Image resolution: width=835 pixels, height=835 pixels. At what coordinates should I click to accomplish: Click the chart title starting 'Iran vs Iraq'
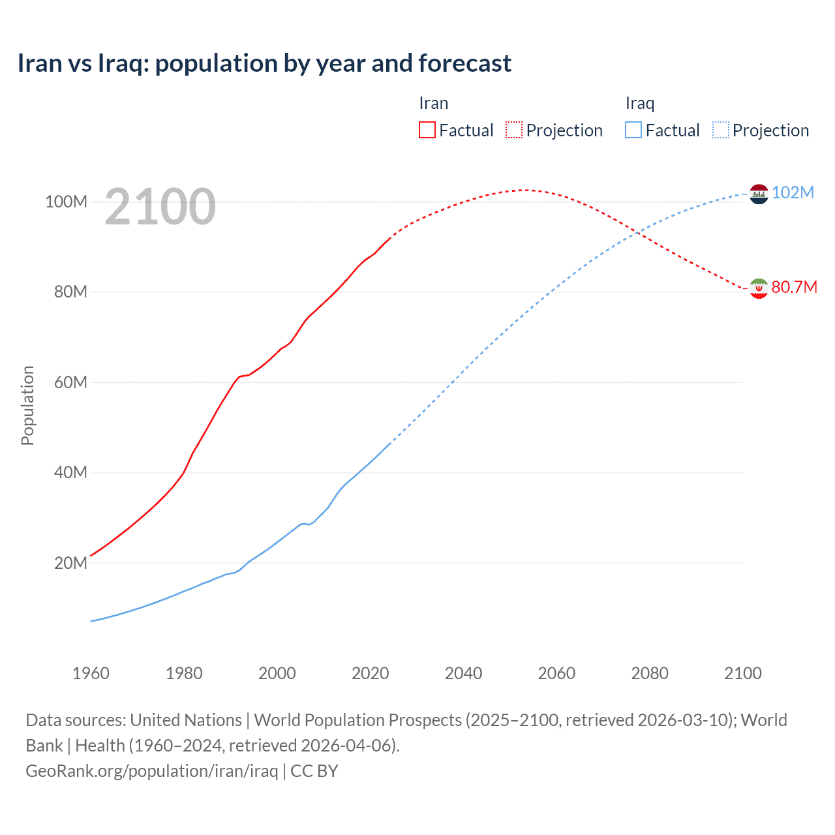264,63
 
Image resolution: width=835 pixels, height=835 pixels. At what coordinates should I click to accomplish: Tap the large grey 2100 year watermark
160,207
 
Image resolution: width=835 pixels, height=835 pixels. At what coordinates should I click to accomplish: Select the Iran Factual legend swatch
427,130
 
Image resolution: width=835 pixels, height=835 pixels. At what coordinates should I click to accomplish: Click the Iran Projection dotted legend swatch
514,130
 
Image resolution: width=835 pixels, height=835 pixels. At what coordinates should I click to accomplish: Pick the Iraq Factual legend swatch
633,130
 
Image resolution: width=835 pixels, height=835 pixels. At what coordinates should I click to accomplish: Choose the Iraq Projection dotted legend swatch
720,130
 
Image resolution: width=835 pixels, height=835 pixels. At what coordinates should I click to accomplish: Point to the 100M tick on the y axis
66,202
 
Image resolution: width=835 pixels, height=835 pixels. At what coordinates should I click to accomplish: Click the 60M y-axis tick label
70,382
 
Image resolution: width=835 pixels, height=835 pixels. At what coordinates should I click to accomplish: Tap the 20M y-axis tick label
70,563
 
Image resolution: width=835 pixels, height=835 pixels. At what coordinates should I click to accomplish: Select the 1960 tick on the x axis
91,673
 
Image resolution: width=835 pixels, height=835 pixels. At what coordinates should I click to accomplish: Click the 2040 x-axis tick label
463,673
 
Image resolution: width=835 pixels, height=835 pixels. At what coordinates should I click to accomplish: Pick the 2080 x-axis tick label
650,673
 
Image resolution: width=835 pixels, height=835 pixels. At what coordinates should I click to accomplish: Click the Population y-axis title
27,405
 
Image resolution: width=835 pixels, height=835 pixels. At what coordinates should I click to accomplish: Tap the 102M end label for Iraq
793,192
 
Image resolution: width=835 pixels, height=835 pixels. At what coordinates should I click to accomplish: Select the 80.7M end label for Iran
794,287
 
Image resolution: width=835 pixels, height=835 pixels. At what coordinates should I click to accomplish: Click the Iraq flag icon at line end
759,194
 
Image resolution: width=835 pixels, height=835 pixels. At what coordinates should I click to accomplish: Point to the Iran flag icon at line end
759,288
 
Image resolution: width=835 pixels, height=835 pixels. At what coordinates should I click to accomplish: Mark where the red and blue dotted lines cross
637,234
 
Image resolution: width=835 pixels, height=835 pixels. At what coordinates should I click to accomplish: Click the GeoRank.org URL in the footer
152,771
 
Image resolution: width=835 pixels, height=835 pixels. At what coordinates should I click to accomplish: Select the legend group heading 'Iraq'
639,103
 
